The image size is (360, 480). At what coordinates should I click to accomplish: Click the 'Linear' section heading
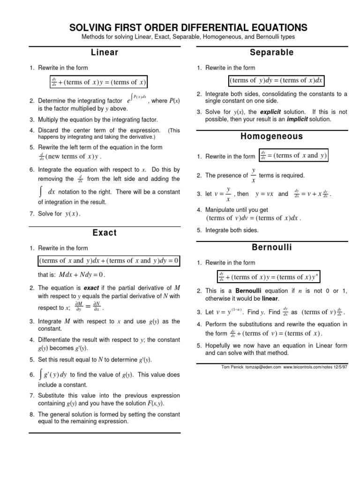point(104,53)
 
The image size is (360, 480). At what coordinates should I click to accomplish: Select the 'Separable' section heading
point(272,53)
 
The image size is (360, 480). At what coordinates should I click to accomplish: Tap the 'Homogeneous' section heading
point(272,136)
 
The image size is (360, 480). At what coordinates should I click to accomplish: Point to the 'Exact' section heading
point(105,232)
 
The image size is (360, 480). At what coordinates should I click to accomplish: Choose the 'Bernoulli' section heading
point(272,247)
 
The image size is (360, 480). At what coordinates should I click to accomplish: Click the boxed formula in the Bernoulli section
point(269,277)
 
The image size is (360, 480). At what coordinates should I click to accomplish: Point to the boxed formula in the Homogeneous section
point(293,156)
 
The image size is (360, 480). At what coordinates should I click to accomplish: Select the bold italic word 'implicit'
point(286,119)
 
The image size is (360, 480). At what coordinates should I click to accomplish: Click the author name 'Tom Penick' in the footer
point(233,367)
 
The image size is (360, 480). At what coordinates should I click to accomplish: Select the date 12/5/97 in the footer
point(339,367)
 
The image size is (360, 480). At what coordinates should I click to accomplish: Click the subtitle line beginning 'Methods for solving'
point(188,37)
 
